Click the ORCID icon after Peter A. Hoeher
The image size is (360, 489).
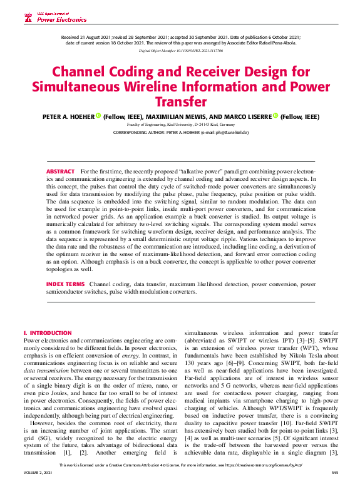(98, 116)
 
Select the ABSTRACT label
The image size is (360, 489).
(60, 171)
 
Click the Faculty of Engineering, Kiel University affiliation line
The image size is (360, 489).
(180, 125)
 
